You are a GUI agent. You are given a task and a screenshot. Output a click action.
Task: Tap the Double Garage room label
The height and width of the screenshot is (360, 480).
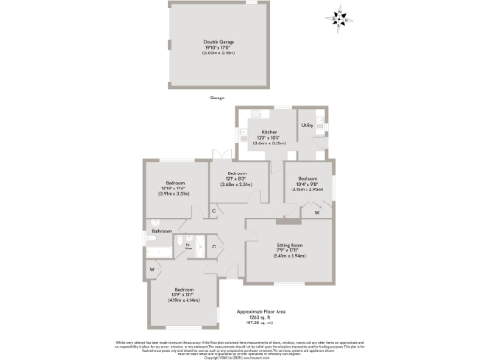(217, 47)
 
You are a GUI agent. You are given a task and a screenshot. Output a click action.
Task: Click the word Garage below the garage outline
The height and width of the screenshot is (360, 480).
(217, 97)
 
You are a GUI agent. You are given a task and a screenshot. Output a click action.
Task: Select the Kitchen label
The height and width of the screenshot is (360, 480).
(270, 137)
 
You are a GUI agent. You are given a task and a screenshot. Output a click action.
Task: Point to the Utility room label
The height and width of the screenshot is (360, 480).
(307, 125)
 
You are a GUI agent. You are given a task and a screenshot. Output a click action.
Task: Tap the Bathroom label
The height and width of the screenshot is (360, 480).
(159, 230)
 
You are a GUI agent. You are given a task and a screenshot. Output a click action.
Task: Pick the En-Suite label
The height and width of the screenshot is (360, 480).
(188, 246)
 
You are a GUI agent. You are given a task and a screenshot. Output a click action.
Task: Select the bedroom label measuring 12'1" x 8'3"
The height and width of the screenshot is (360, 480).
(235, 179)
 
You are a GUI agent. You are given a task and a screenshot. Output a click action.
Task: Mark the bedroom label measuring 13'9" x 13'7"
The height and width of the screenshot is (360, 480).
(182, 295)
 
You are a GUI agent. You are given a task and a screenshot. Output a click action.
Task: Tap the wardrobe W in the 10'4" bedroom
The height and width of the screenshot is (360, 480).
(317, 213)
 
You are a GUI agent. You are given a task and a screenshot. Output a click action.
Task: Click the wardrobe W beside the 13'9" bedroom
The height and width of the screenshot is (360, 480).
(151, 270)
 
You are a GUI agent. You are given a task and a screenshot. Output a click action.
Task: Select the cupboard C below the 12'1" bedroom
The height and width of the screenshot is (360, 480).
(214, 212)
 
